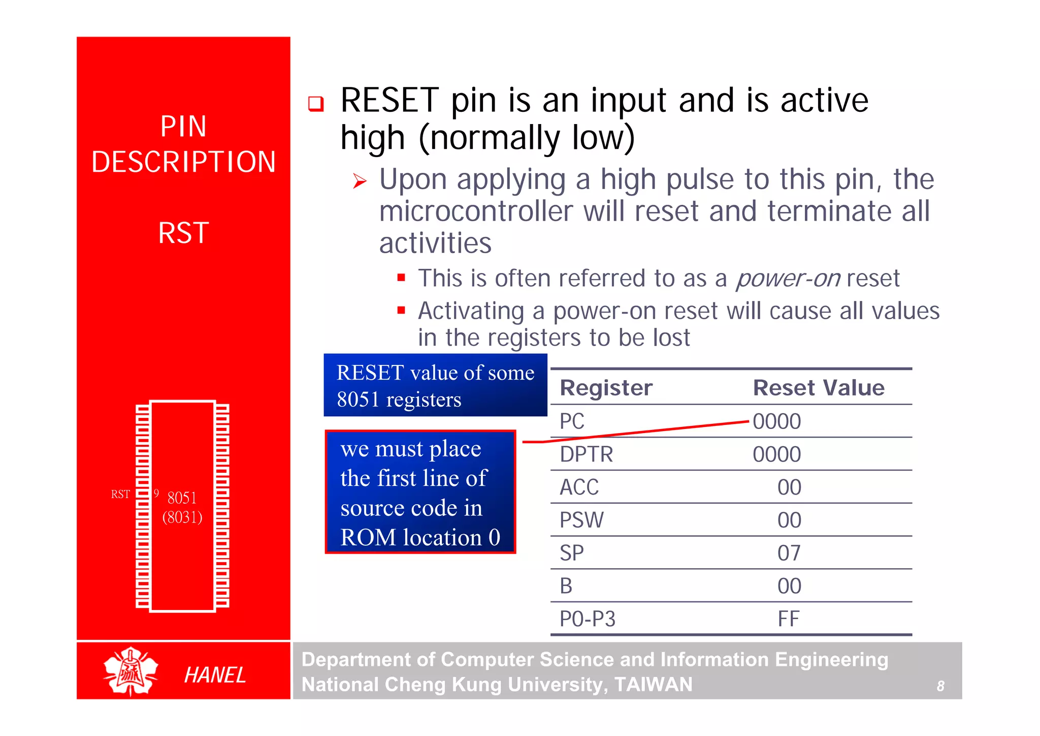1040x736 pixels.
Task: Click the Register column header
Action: tap(606, 388)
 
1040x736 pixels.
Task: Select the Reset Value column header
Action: tap(818, 388)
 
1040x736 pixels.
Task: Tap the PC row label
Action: tap(572, 421)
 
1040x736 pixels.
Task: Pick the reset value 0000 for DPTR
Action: tap(776, 454)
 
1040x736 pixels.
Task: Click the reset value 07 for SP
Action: tap(789, 553)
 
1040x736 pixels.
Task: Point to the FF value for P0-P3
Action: tap(789, 619)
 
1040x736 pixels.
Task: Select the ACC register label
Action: tap(579, 487)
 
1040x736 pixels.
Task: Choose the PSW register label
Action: tap(581, 520)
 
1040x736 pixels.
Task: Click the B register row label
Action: tap(566, 586)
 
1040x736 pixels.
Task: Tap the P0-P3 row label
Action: tap(587, 619)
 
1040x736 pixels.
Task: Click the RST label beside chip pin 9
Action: tap(120, 494)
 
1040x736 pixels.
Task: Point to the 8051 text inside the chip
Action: tap(182, 498)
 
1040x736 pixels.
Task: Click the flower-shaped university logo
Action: tap(131, 671)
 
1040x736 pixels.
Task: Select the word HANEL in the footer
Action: tap(215, 675)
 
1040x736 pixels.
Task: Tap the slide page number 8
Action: tap(940, 686)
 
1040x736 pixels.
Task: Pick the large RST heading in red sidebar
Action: tap(183, 233)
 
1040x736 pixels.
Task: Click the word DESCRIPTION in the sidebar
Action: tap(183, 162)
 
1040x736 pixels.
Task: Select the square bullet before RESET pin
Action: tap(316, 104)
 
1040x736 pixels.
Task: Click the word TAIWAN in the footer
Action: tap(653, 685)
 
